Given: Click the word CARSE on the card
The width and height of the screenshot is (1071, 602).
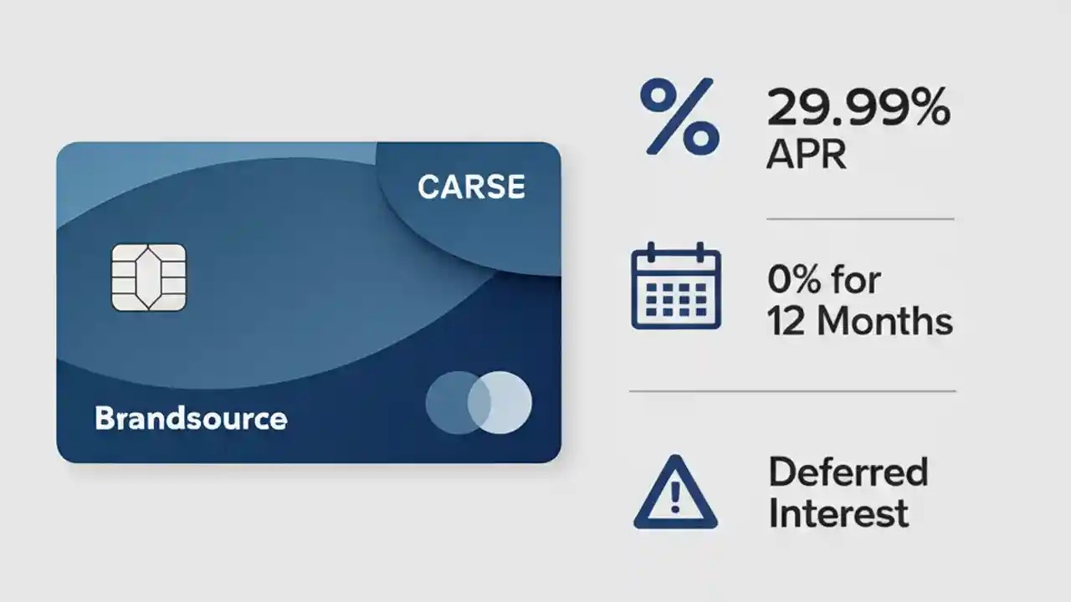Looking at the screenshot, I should [x=471, y=187].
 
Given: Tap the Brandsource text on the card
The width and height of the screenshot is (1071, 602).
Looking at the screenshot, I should [x=191, y=418].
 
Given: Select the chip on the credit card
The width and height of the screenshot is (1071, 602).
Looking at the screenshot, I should [x=149, y=278].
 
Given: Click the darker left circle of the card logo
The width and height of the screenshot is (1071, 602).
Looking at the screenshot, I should [x=452, y=402].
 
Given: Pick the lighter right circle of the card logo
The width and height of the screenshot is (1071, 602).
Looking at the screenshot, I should [x=505, y=402].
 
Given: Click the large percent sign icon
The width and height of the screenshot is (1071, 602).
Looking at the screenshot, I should [x=679, y=116].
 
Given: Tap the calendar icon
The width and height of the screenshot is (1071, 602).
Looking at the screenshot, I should [x=676, y=288].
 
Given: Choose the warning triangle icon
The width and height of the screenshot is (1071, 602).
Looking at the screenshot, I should [x=675, y=492].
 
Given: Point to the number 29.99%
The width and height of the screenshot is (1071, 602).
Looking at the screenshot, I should [x=858, y=110].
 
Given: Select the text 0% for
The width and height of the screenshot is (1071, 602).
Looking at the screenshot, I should [x=824, y=279].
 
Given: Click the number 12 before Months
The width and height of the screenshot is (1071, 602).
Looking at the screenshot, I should [x=787, y=322].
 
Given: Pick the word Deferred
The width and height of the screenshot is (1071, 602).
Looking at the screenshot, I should [x=848, y=472].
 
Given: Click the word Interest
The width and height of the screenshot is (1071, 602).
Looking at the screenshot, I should [x=838, y=513].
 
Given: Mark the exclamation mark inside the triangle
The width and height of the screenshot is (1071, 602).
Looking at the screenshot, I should [x=675, y=499].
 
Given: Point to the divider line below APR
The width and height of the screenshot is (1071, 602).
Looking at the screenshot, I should [x=860, y=219].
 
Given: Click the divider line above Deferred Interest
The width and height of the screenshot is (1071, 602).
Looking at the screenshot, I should [x=792, y=390].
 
